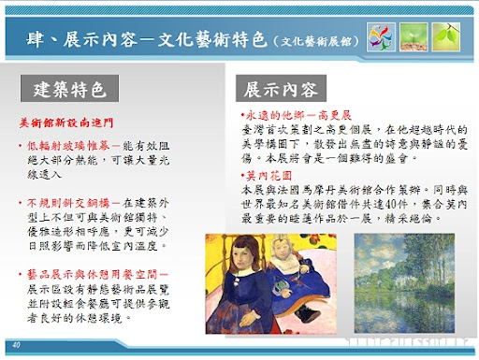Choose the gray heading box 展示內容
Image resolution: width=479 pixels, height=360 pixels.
pos(281,91)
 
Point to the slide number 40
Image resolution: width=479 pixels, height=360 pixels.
pos(18,346)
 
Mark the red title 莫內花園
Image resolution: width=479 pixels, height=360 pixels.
pos(266,175)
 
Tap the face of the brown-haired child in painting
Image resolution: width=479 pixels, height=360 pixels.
pos(244,259)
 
